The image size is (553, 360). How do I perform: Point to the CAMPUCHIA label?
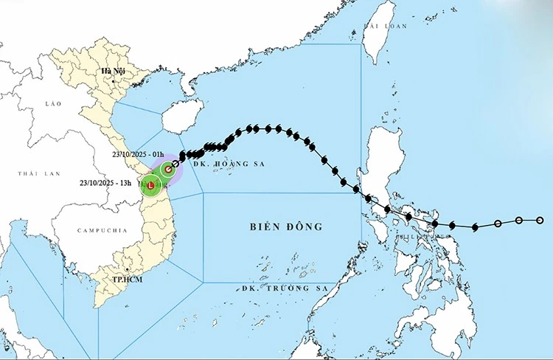(x=102, y=231)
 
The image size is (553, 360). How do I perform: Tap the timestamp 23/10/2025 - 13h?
(x=105, y=183)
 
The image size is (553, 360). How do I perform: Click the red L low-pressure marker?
(x=151, y=187)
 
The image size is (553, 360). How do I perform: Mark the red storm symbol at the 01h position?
(x=168, y=170)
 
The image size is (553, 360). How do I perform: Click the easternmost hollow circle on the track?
(x=540, y=220)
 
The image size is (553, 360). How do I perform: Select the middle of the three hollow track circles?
(x=519, y=221)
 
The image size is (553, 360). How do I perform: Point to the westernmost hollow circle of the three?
(x=498, y=224)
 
